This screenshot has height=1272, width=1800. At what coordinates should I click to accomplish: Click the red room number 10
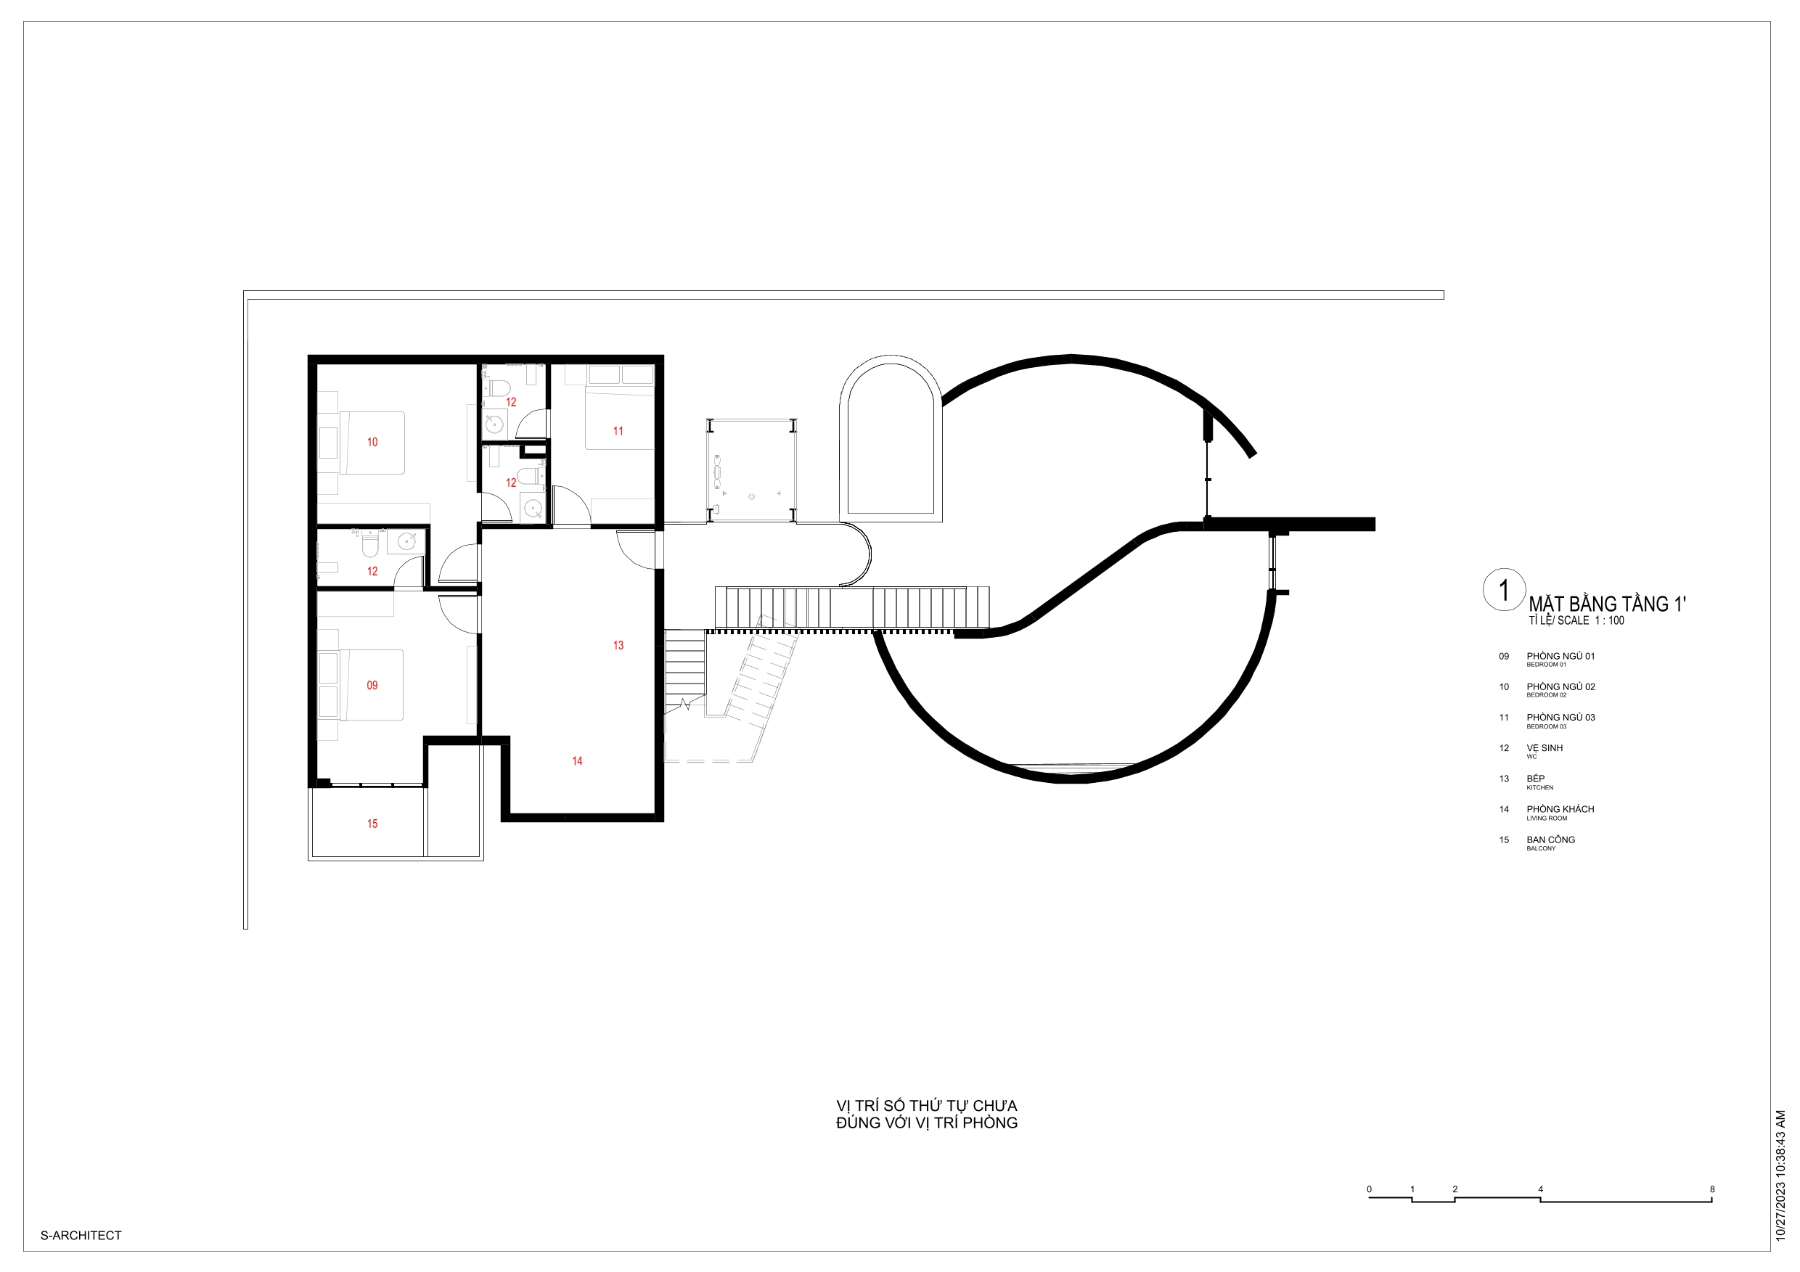372,442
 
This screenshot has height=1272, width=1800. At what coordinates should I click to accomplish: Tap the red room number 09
372,685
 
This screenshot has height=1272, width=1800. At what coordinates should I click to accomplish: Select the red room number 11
618,431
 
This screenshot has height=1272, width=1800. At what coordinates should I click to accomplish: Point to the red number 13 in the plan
618,645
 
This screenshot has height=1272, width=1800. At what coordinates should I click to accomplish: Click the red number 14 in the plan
577,761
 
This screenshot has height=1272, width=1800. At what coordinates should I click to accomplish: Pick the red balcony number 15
372,824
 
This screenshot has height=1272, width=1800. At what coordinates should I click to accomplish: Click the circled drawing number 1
1504,590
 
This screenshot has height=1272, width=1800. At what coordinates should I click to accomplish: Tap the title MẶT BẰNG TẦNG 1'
1607,604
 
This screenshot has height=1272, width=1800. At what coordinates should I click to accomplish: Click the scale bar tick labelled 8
1712,1189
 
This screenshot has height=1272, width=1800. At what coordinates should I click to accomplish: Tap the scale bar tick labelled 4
1540,1189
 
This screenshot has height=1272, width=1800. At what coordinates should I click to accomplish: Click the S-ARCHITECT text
81,1235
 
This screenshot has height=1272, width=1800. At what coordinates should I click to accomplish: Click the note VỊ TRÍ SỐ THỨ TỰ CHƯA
927,1105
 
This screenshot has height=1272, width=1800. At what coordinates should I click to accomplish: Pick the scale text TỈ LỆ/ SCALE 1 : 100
1576,620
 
